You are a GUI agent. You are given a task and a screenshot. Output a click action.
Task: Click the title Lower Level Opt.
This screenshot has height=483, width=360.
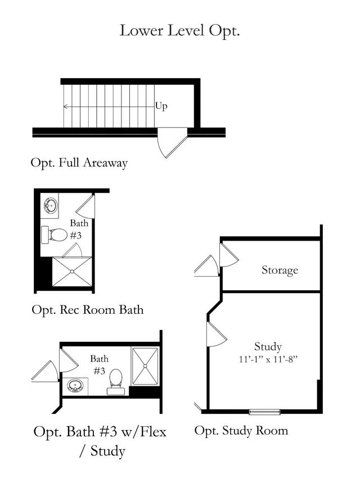pyautogui.click(x=179, y=30)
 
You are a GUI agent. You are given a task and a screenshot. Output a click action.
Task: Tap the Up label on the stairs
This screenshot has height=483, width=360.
pyautogui.click(x=161, y=106)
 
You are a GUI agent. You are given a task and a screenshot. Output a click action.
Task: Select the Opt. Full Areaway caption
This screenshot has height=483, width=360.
pyautogui.click(x=79, y=163)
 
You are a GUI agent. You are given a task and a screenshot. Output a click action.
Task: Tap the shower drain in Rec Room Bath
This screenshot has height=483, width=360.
pyautogui.click(x=72, y=272)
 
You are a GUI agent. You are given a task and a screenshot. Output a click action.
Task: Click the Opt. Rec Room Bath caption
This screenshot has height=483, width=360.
pyautogui.click(x=87, y=309)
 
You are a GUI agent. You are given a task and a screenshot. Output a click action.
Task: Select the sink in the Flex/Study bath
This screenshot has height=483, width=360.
pyautogui.click(x=75, y=386)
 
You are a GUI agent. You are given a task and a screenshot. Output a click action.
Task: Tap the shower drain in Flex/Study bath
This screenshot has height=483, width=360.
pyautogui.click(x=145, y=365)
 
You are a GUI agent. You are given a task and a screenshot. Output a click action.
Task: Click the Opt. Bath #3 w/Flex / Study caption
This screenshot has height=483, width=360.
pyautogui.click(x=100, y=441)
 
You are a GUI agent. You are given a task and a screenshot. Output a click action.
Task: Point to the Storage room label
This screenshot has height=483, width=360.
pyautogui.click(x=280, y=270)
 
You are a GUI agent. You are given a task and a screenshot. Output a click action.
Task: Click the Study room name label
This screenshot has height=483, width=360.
pyautogui.click(x=268, y=346)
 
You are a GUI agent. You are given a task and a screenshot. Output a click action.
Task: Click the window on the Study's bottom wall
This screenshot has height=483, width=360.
pyautogui.click(x=264, y=412)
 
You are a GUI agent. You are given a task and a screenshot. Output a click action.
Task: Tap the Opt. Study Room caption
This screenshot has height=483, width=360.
pyautogui.click(x=241, y=431)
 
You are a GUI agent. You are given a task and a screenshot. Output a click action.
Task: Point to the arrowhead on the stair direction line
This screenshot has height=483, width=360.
pyautogui.click(x=65, y=106)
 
